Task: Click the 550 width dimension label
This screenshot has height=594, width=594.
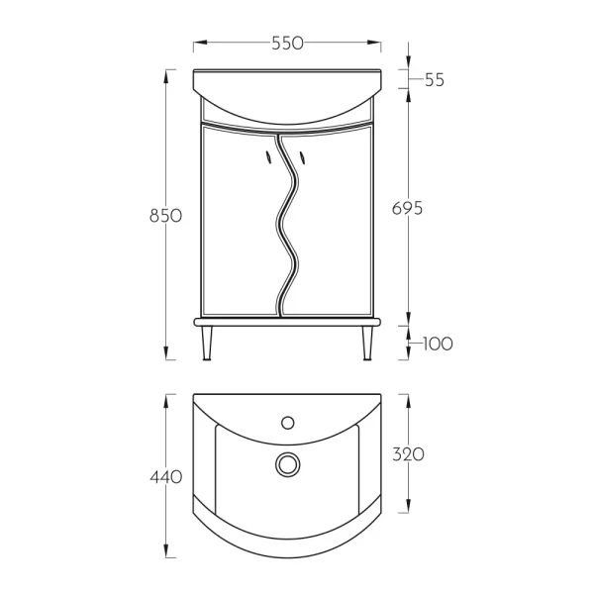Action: tap(287, 44)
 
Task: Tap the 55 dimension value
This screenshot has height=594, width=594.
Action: tap(435, 80)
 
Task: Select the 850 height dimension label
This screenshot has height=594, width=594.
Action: tap(166, 216)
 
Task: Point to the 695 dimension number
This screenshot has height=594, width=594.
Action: tap(407, 208)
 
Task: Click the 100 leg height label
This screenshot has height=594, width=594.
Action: tap(438, 344)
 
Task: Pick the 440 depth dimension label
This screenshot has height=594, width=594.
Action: tap(166, 477)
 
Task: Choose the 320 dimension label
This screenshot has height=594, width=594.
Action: tap(408, 454)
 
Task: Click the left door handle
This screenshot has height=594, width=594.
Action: tap(268, 157)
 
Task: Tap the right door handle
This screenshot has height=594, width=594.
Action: tap(303, 157)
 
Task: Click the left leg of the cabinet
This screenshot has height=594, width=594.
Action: tap(207, 343)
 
